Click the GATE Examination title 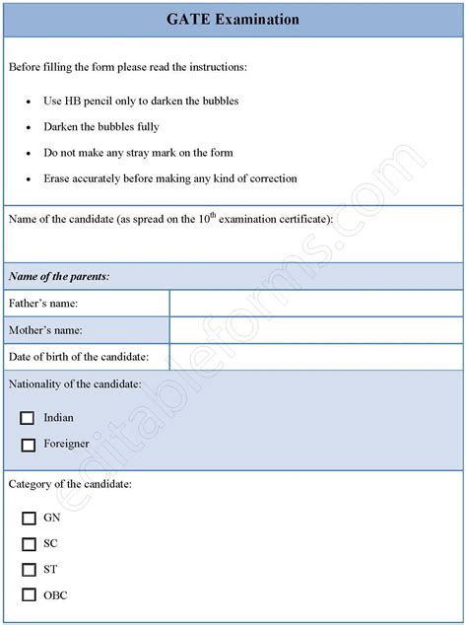[233, 19]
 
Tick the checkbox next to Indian [28, 417]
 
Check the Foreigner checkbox [28, 444]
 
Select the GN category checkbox [28, 517]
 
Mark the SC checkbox [28, 543]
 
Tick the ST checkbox [28, 569]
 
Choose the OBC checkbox [28, 594]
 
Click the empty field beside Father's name [315, 304]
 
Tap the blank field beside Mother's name [315, 330]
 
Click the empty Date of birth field [315, 356]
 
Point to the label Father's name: [43, 304]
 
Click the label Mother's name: [45, 330]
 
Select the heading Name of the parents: [58, 277]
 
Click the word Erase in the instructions [57, 178]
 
